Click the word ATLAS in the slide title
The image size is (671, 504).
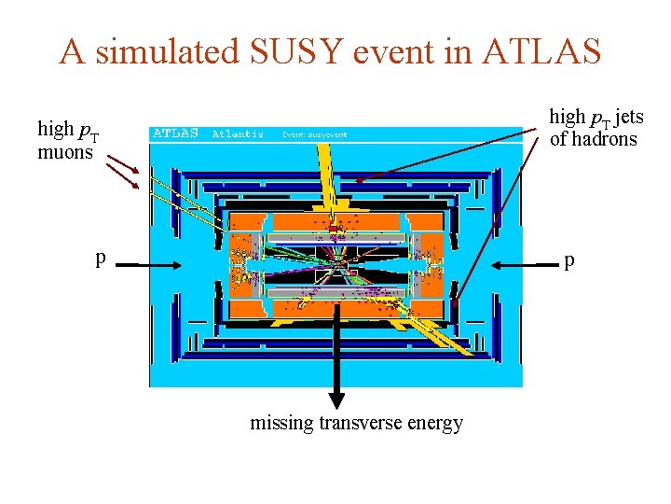pyautogui.click(x=542, y=52)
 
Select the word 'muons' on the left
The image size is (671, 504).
pyautogui.click(x=64, y=151)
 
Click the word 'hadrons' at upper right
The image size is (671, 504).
pyautogui.click(x=605, y=139)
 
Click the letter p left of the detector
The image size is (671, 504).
pyautogui.click(x=100, y=258)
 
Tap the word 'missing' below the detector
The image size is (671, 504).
pyautogui.click(x=281, y=423)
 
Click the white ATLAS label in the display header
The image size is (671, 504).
pyautogui.click(x=176, y=133)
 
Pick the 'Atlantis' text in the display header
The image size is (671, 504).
pyautogui.click(x=238, y=133)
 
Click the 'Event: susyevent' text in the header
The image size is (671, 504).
pyautogui.click(x=315, y=134)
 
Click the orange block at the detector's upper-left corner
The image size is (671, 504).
pyautogui.click(x=246, y=221)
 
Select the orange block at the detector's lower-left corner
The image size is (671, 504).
pyautogui.click(x=246, y=309)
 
